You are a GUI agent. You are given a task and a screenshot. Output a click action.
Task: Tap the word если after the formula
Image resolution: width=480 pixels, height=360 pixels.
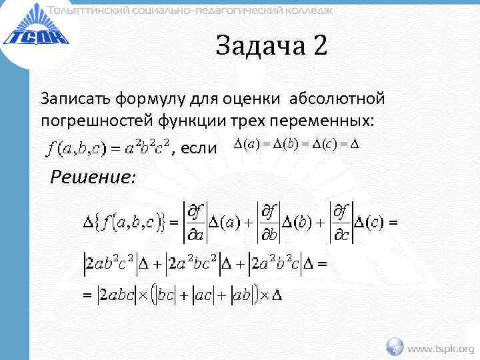[x=199, y=147]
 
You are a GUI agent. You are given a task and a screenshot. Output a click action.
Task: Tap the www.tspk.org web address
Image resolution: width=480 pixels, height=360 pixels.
[x=441, y=348]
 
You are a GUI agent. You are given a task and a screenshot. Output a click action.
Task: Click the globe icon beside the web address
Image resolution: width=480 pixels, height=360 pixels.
[x=395, y=347]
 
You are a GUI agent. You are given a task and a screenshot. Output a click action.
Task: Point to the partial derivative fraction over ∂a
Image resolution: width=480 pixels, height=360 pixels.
[x=195, y=221]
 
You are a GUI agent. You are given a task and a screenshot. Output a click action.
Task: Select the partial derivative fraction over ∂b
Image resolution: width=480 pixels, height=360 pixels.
[x=269, y=221]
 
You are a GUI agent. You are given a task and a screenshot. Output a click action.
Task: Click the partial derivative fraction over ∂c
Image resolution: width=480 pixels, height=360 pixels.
[x=341, y=221]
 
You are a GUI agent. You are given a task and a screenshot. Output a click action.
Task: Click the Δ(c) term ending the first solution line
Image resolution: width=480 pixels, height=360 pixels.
[x=368, y=222]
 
